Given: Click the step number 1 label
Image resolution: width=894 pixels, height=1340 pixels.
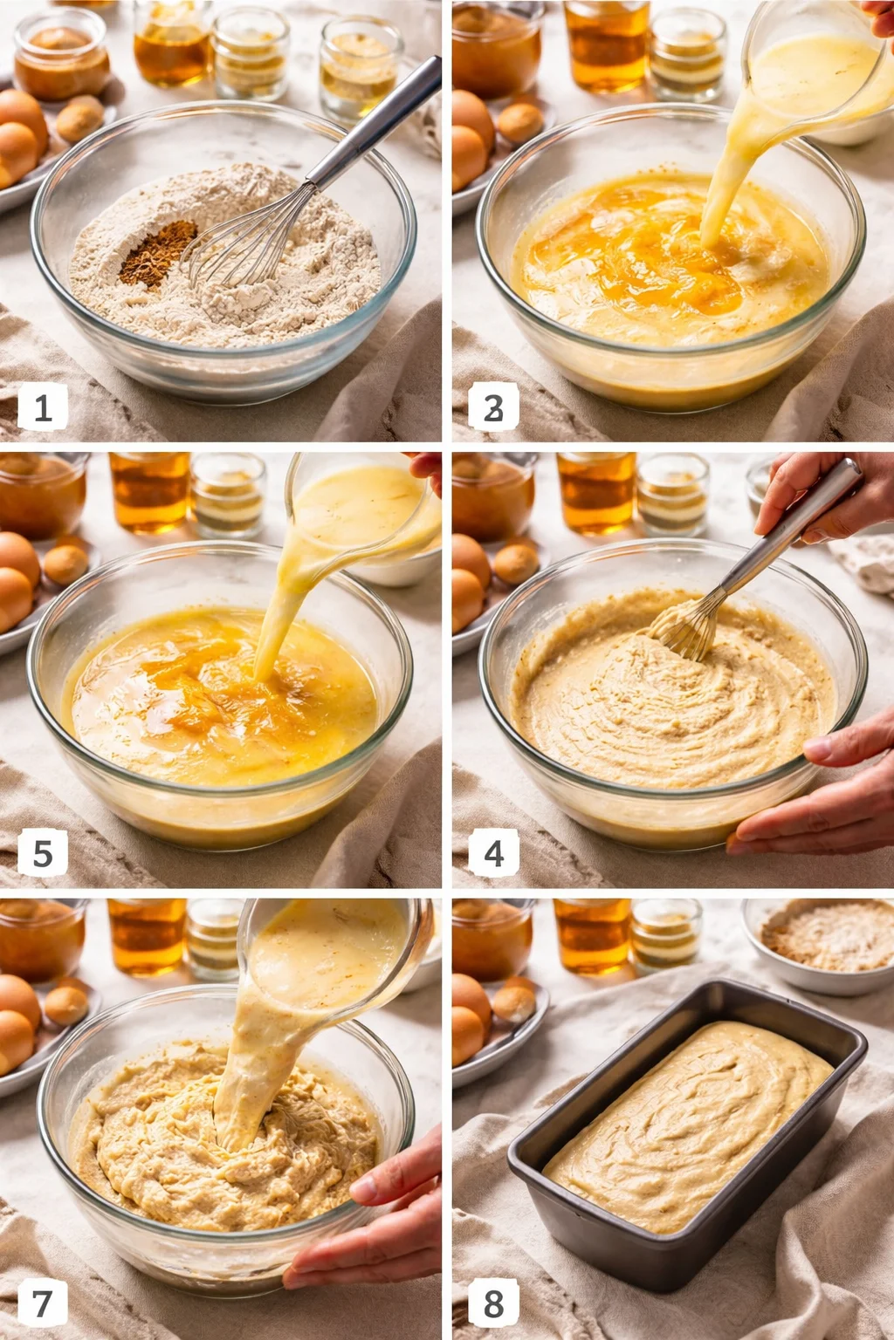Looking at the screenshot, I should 42,407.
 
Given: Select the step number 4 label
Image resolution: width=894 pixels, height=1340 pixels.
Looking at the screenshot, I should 493,852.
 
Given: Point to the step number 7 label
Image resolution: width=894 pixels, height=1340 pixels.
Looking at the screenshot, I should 42,1303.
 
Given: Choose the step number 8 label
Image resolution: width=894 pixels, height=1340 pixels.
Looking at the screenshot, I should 493,1303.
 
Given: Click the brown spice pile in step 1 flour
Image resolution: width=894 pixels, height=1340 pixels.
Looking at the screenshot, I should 158,252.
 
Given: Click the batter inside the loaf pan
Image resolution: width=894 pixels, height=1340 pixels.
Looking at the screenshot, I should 690,1125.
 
